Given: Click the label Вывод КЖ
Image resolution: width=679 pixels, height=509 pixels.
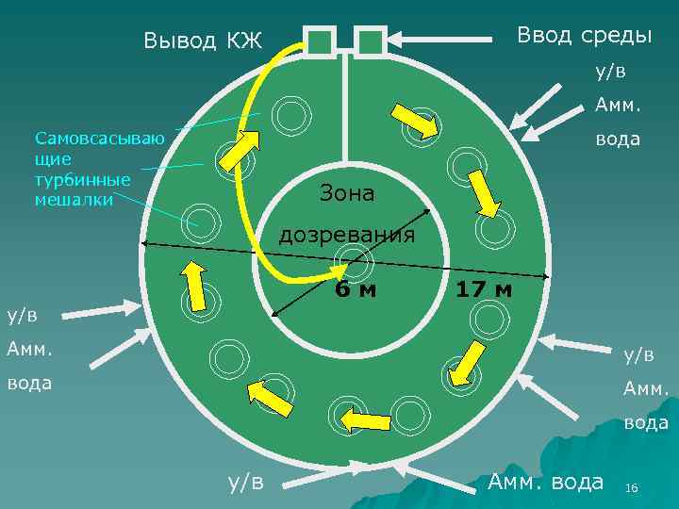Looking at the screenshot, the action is coord(202,41).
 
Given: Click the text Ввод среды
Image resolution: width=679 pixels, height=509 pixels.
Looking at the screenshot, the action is coord(583,35).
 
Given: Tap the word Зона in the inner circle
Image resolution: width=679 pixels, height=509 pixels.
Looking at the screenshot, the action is coord(347,193).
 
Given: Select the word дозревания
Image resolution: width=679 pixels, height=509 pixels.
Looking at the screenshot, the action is coord(347,234).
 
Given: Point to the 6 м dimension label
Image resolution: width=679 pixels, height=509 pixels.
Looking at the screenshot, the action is coord(356,289).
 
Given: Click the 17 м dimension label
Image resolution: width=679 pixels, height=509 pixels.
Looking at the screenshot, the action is coord(484,289).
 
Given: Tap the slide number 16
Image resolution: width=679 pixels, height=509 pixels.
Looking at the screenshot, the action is coord(632,487).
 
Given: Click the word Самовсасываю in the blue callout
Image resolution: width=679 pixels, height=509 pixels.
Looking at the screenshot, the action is coord(100,140).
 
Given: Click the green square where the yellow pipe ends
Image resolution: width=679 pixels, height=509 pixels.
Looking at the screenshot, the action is coord(321,41).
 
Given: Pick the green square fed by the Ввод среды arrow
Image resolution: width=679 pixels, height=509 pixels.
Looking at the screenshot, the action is coord(372,41).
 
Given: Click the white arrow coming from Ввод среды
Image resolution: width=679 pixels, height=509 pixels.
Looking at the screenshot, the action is coord(443,40).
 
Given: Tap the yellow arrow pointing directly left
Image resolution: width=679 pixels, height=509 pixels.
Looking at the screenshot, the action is coord(364,419).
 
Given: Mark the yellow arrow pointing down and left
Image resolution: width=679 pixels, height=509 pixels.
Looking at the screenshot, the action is coord(465,363).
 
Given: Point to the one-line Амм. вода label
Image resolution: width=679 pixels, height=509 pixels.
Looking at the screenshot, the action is coord(545,482).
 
